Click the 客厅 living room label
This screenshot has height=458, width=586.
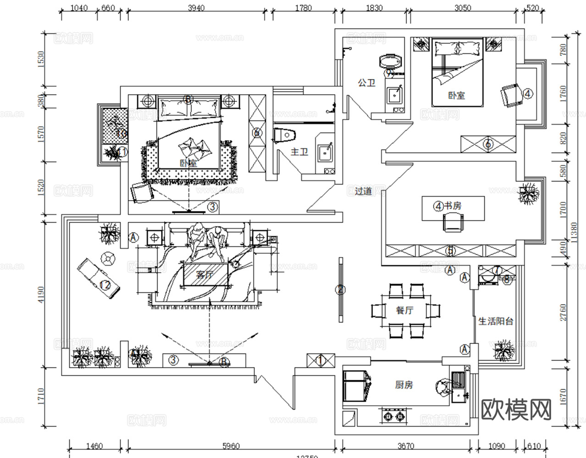tap(205, 275)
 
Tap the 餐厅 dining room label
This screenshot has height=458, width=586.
tap(404, 310)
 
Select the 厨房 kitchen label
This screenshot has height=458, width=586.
tap(404, 385)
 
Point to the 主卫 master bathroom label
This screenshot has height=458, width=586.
tap(299, 151)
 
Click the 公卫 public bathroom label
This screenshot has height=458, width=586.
tap(366, 83)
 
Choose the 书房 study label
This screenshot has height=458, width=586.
tap(453, 206)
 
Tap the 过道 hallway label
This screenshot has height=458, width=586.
tap(363, 191)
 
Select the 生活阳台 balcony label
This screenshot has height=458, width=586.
tap(496, 321)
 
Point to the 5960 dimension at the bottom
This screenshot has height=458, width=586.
tap(228, 446)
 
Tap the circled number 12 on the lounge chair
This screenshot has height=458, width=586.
tap(105, 285)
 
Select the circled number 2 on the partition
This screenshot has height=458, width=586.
tap(340, 289)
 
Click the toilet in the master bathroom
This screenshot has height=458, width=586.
tap(286, 136)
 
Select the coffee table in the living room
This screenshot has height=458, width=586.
tap(205, 274)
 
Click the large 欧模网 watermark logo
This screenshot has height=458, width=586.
tap(516, 409)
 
